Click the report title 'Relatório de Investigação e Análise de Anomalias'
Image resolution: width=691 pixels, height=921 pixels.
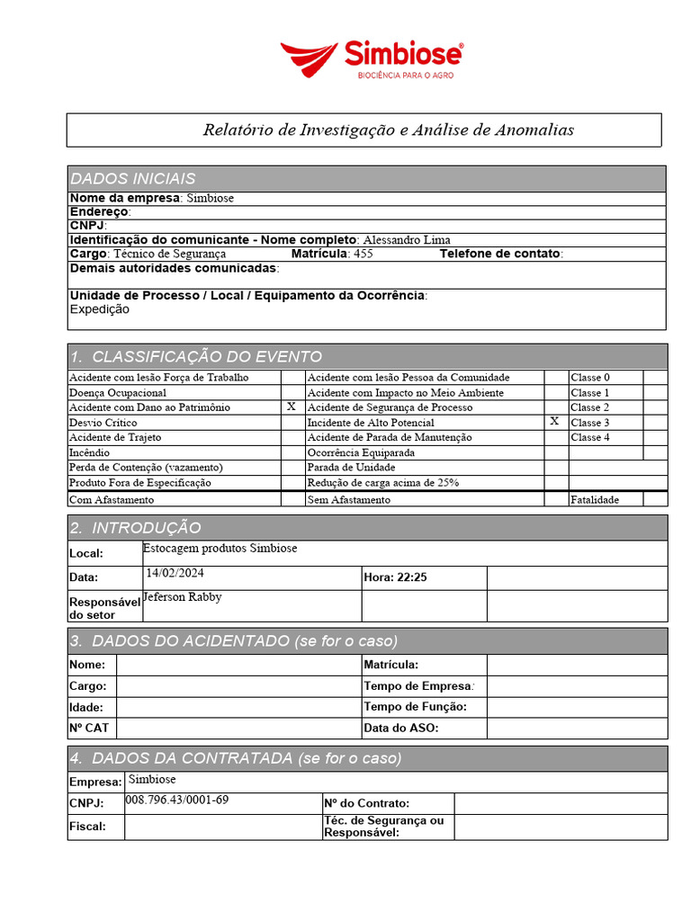[388, 130]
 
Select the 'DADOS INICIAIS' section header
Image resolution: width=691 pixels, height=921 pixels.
[133, 178]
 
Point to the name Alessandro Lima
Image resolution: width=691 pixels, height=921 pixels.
[406, 239]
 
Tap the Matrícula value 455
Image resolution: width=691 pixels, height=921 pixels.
[363, 254]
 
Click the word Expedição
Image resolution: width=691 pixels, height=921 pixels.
[100, 309]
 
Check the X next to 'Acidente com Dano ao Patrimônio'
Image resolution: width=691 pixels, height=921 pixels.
[291, 407]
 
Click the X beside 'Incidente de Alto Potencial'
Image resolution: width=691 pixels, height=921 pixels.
[554, 422]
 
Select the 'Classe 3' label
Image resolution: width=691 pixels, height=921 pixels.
[590, 423]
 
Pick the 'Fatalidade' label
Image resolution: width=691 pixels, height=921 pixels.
[595, 499]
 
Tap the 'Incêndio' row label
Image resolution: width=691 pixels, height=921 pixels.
[90, 452]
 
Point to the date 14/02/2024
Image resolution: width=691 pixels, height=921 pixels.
[175, 573]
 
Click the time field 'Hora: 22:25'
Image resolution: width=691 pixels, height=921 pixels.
[395, 577]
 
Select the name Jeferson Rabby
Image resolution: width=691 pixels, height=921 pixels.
[183, 597]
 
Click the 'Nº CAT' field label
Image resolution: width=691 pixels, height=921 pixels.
[89, 729]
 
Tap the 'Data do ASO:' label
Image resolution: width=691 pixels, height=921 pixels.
[400, 729]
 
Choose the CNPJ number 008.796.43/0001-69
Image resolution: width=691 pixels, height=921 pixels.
[177, 800]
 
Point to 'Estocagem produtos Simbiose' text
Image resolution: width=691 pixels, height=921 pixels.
[220, 548]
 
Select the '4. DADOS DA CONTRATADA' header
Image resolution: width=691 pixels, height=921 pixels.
[236, 758]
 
